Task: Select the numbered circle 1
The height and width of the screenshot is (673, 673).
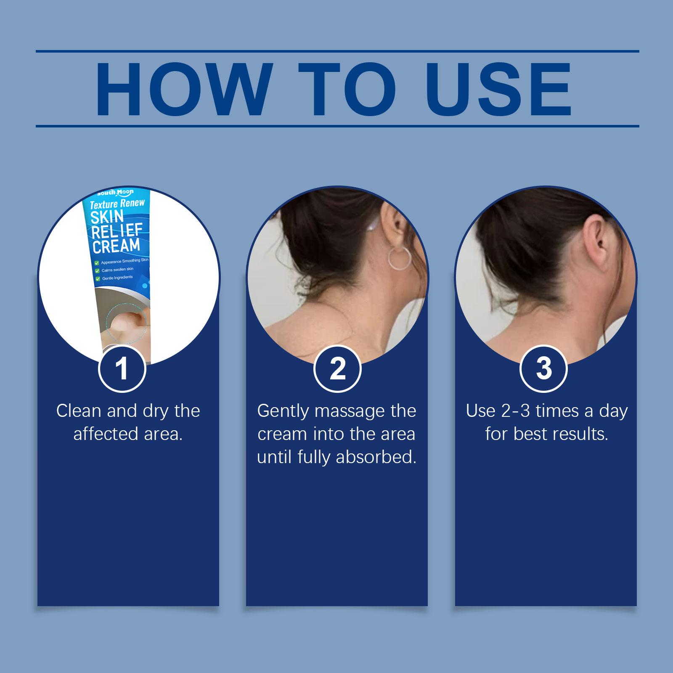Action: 122,368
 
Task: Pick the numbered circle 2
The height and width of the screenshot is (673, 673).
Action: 337,368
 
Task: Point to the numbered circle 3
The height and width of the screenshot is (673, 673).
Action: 544,368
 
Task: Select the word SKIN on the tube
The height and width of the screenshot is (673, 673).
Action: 108,217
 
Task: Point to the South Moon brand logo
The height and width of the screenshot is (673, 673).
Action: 115,193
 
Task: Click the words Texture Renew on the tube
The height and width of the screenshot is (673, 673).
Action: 117,204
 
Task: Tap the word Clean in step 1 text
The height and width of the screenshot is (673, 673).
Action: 79,411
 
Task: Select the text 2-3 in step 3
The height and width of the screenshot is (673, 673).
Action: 516,411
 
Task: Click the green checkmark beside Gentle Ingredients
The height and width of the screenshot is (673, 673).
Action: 98,278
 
